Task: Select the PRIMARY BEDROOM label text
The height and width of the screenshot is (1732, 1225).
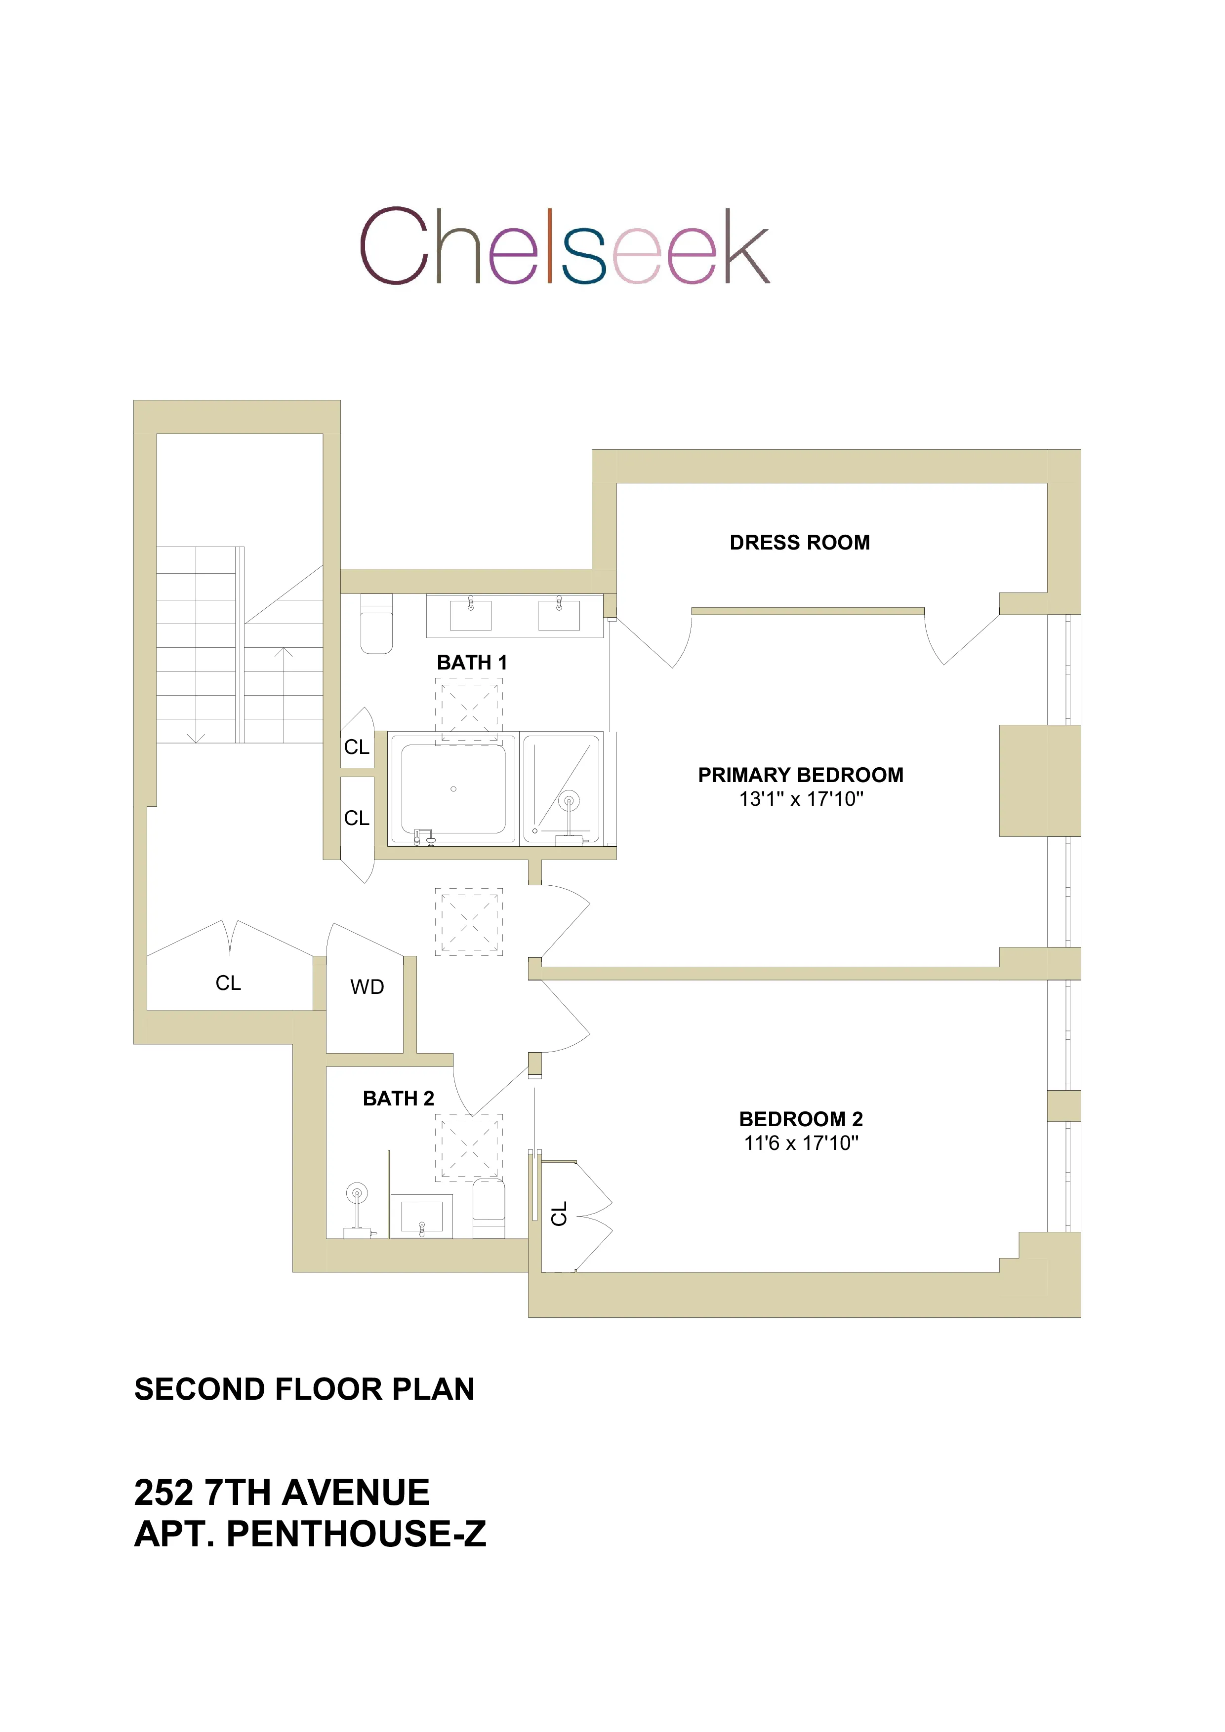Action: [800, 775]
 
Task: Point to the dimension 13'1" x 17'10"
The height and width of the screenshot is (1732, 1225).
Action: [800, 799]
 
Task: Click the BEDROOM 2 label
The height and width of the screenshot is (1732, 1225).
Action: [800, 1119]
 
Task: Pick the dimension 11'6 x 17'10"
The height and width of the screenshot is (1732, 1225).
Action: [800, 1143]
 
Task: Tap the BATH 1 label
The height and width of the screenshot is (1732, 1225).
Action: [472, 662]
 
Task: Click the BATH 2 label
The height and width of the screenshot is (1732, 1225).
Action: [399, 1099]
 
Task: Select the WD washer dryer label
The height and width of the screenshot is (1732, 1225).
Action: [367, 986]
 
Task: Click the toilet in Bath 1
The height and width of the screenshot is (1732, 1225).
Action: [376, 624]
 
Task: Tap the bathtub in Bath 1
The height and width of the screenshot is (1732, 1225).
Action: [453, 789]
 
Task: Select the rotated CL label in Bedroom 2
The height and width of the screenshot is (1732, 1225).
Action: [559, 1214]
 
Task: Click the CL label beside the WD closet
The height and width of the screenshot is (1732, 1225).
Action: [228, 983]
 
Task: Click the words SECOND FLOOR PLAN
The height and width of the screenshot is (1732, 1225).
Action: [304, 1389]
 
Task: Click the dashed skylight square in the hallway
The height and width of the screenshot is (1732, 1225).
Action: [469, 922]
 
